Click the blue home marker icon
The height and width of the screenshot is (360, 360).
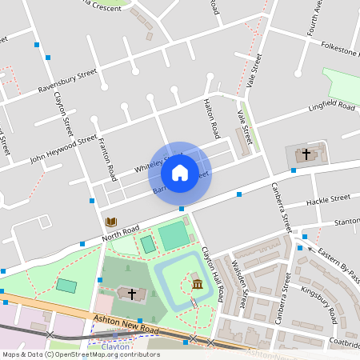click(x=180, y=172)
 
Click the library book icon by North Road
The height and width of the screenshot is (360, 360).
click(x=110, y=222)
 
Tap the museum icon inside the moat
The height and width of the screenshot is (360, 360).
click(x=197, y=284)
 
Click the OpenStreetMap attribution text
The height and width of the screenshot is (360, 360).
click(x=80, y=354)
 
